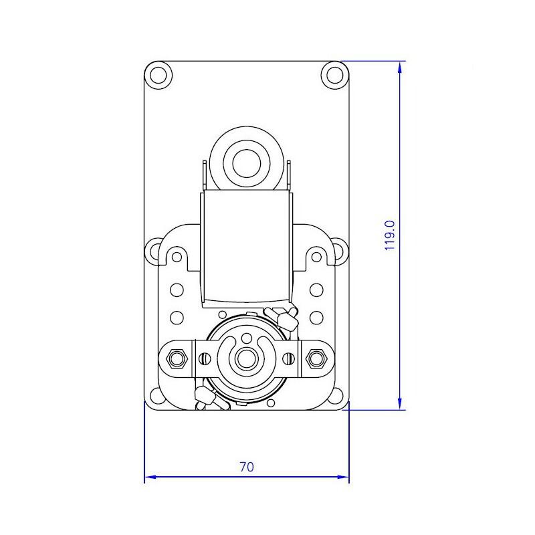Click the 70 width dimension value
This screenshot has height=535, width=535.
[x=246, y=467]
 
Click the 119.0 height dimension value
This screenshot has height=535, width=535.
[x=390, y=235]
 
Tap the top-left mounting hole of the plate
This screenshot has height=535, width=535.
[x=158, y=75]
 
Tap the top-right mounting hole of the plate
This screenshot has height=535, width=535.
[x=335, y=75]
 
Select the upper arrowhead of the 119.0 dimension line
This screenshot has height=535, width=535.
[x=400, y=68]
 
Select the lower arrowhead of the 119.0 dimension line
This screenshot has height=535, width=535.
[x=400, y=404]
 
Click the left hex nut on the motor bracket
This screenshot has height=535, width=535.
[x=177, y=358]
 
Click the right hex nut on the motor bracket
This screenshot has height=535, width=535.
[x=316, y=358]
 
